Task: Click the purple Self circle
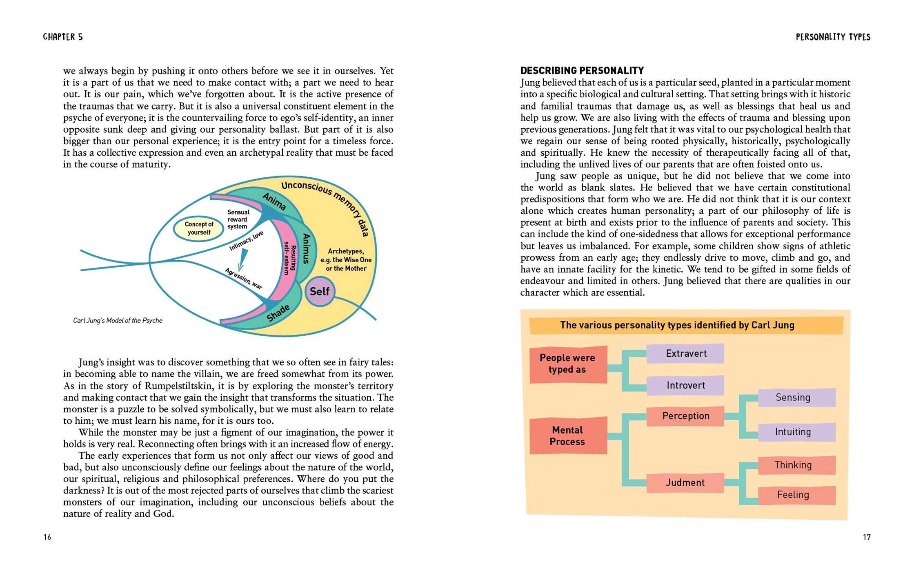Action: pos(320,291)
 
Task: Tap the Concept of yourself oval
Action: pos(199,228)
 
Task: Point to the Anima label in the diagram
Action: pos(274,201)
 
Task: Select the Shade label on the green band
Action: pos(278,313)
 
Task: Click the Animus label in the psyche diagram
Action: pos(306,248)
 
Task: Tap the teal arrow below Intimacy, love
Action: pos(242,260)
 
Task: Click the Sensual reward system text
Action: pos(238,219)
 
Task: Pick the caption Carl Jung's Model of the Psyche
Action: pos(118,320)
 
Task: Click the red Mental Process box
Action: pos(568,436)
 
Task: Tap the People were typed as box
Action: pos(568,364)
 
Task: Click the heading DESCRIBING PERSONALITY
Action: pos(582,71)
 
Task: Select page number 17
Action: pos(867,537)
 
